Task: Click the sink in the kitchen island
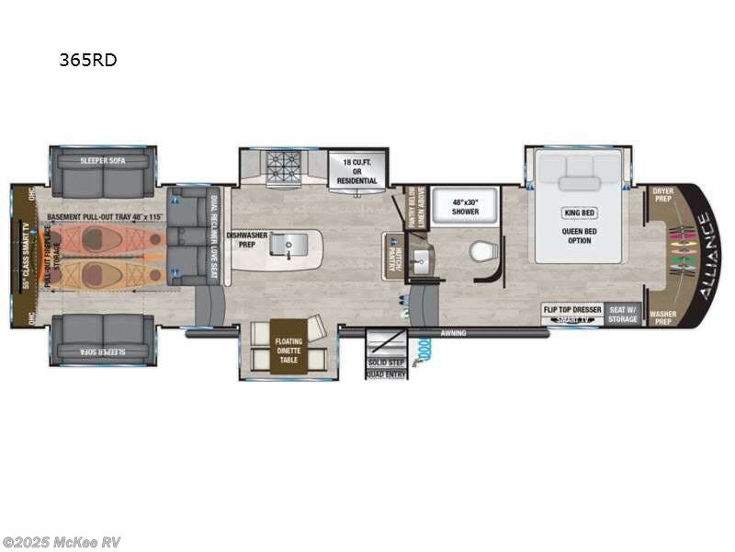[291, 244]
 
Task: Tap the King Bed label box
[578, 213]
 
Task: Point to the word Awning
[453, 333]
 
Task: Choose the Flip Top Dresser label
[571, 309]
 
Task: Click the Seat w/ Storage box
[623, 315]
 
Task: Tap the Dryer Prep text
[662, 194]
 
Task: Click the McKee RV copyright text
[62, 542]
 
